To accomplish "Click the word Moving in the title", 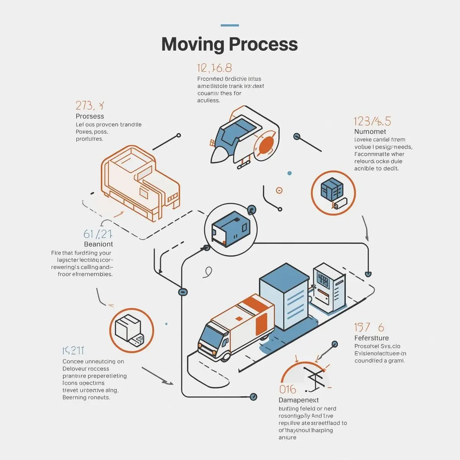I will (x=192, y=44).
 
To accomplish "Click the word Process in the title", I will (x=264, y=44).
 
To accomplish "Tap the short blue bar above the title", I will (x=230, y=25).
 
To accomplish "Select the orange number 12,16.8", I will (x=214, y=68).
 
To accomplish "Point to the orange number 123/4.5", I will (x=372, y=122).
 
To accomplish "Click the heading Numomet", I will (x=370, y=131).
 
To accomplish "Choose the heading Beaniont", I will (x=99, y=244).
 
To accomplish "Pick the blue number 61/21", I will (x=97, y=234).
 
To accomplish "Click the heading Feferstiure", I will (x=371, y=338).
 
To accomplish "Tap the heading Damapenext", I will (x=299, y=400).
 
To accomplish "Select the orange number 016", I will (x=287, y=389).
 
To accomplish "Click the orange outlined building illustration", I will (x=140, y=182).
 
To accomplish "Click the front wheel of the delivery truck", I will (x=225, y=356).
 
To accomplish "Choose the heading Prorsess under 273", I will (x=90, y=116).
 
